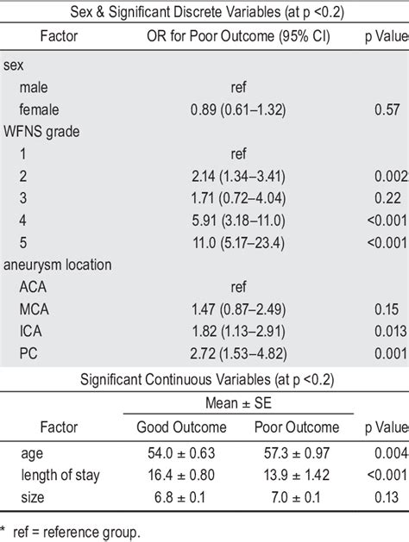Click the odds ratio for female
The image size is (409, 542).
tap(238, 109)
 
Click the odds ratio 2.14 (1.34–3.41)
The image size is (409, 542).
tap(238, 176)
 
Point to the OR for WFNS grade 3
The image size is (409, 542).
tap(238, 197)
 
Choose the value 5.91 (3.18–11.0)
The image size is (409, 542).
tap(238, 220)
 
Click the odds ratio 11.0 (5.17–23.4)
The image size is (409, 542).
tap(238, 241)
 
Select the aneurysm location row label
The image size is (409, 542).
tap(58, 264)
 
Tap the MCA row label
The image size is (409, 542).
tap(35, 308)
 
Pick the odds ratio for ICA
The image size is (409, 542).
tap(238, 330)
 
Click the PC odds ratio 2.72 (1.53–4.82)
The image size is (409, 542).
tap(238, 352)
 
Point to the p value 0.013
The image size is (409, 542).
tap(390, 330)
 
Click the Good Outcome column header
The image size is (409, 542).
tap(182, 427)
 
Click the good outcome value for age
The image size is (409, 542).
tap(182, 454)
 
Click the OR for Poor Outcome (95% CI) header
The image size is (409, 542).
tap(238, 36)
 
